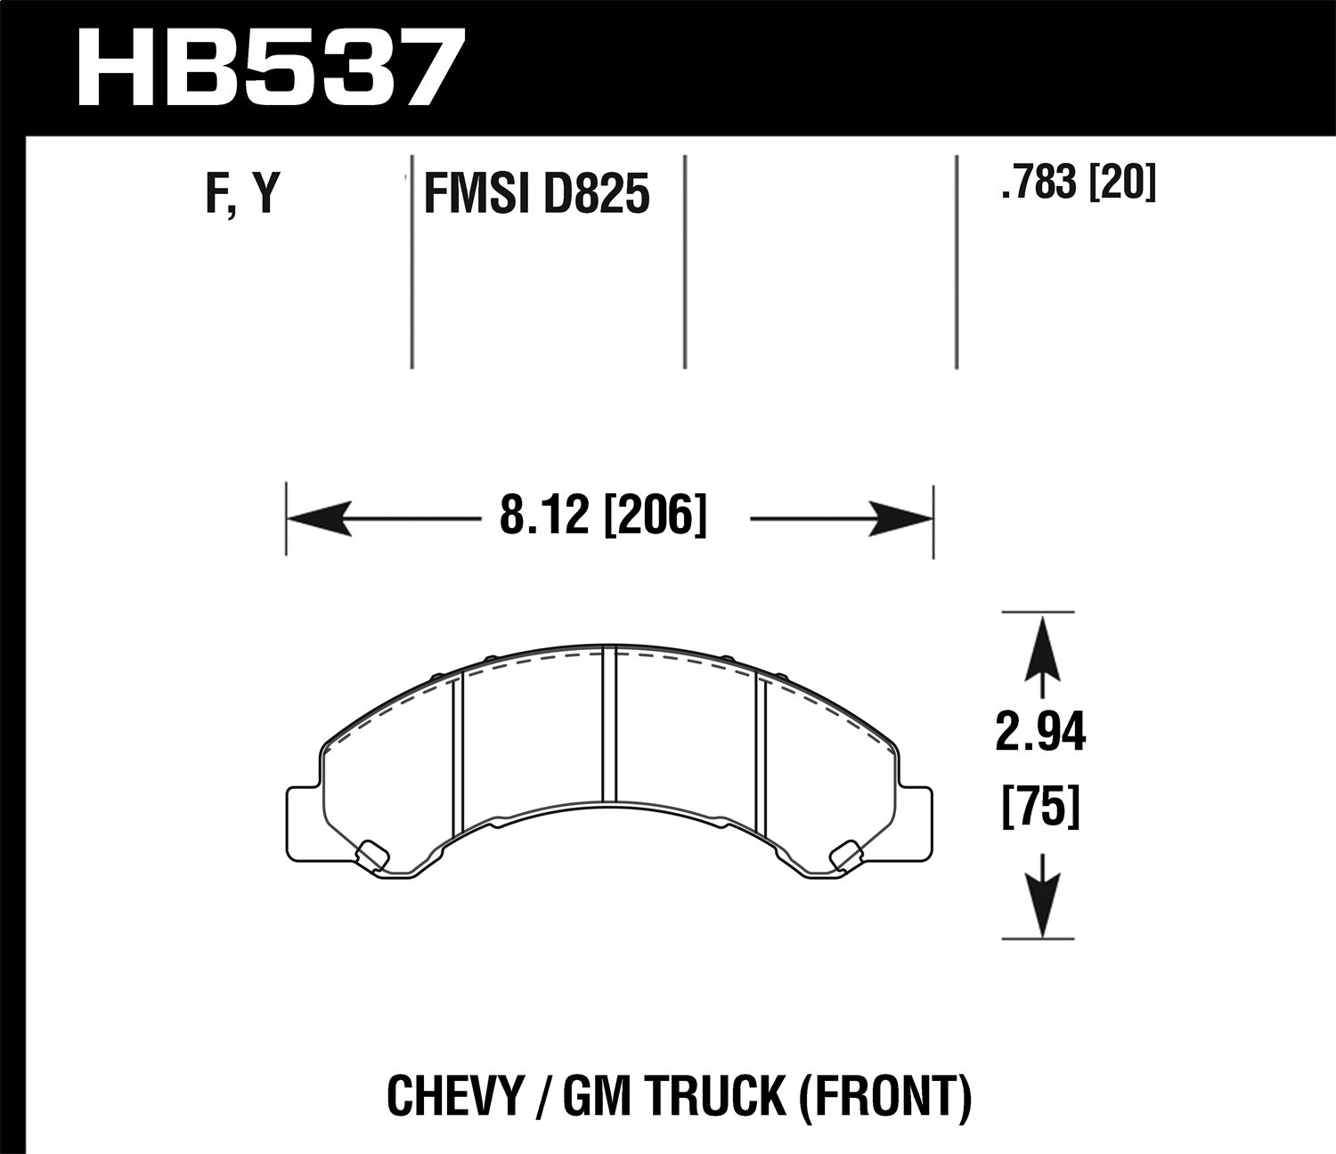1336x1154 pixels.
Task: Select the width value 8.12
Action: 545,516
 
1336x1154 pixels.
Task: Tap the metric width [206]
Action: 656,516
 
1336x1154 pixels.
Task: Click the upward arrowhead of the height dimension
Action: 1041,650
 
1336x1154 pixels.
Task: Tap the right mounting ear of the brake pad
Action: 917,824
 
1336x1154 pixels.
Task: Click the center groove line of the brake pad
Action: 609,726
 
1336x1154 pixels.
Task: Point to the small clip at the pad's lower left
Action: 371,853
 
